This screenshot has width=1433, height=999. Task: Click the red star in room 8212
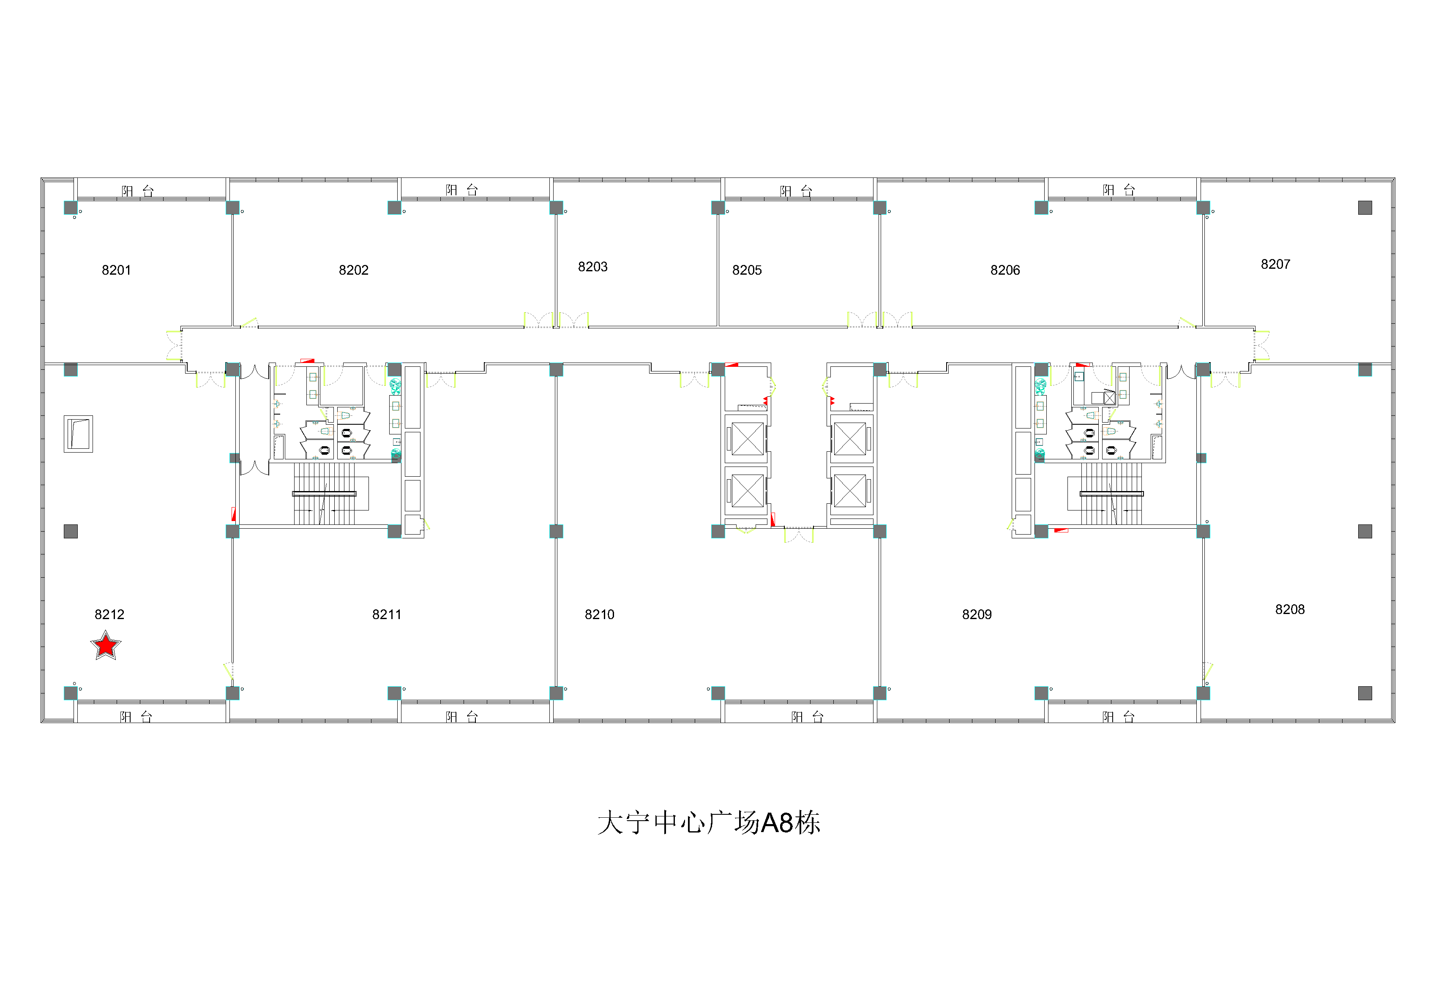point(106,645)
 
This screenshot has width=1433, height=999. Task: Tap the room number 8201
point(116,270)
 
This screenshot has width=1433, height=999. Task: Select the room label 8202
point(353,270)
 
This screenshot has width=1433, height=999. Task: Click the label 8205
point(747,270)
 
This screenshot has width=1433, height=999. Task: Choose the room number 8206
point(1005,270)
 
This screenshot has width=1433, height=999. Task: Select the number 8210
point(599,614)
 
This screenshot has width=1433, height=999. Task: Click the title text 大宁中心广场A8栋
point(709,823)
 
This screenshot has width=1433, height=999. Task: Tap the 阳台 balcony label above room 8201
point(137,191)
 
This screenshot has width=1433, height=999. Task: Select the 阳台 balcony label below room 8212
point(136,717)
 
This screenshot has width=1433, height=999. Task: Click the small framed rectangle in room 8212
point(79,434)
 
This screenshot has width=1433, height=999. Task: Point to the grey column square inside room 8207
point(1365,208)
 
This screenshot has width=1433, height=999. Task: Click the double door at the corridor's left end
point(174,345)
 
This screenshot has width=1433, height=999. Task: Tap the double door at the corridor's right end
point(1261,345)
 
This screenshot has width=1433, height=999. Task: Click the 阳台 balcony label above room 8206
point(1119,190)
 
